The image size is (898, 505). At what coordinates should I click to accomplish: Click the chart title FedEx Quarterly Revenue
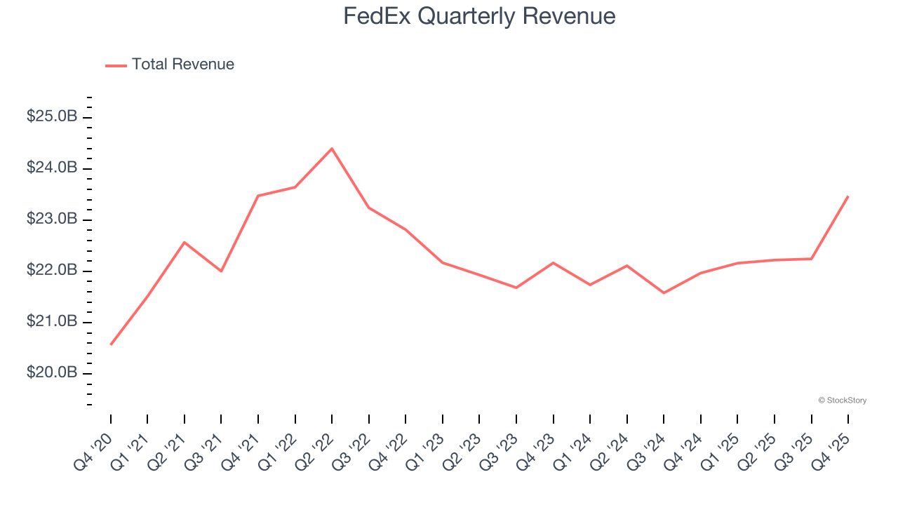[479, 16]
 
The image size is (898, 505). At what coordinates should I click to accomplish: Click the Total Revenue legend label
[182, 65]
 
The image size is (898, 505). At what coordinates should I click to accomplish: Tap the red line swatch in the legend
[116, 65]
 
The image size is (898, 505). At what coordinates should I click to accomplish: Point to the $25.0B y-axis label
[51, 116]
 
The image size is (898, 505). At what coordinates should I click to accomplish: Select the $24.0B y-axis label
[51, 168]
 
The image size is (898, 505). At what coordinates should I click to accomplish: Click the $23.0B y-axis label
[51, 219]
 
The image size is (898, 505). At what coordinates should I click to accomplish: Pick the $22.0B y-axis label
[51, 270]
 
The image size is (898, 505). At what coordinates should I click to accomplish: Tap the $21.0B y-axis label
[51, 321]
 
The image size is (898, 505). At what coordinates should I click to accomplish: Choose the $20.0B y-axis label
[51, 372]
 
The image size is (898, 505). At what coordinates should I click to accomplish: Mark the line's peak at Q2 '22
[332, 149]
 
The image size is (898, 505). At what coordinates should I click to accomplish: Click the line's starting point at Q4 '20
[111, 344]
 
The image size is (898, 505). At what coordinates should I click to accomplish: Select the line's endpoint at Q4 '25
[848, 196]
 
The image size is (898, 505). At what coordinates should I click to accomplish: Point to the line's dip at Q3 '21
[221, 271]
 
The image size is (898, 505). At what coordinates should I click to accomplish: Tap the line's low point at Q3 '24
[664, 292]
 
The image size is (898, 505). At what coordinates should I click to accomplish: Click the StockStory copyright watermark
[842, 400]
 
